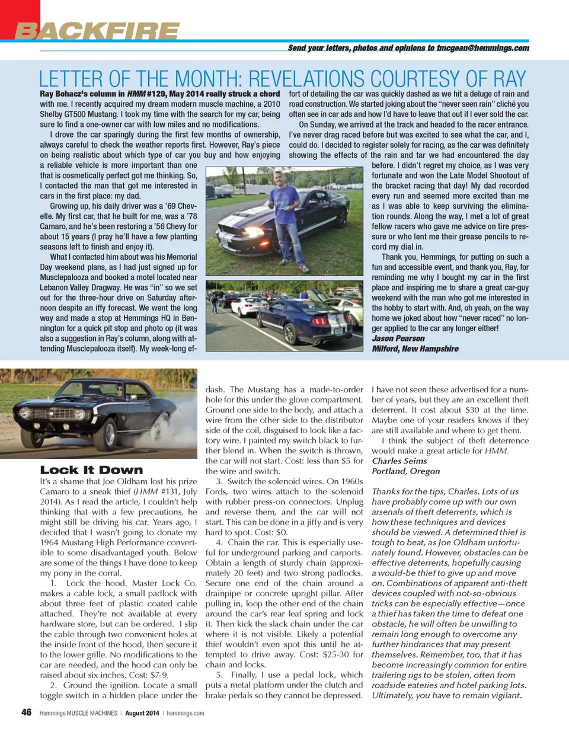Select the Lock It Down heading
tap(91, 470)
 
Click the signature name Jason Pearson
tap(398, 338)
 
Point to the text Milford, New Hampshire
tap(415, 349)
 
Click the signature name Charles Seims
tap(399, 461)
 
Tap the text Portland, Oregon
tap(405, 471)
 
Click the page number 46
tap(26, 712)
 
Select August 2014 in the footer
tap(142, 713)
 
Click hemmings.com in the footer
tap(185, 713)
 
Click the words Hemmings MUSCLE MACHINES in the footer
tap(78, 713)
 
